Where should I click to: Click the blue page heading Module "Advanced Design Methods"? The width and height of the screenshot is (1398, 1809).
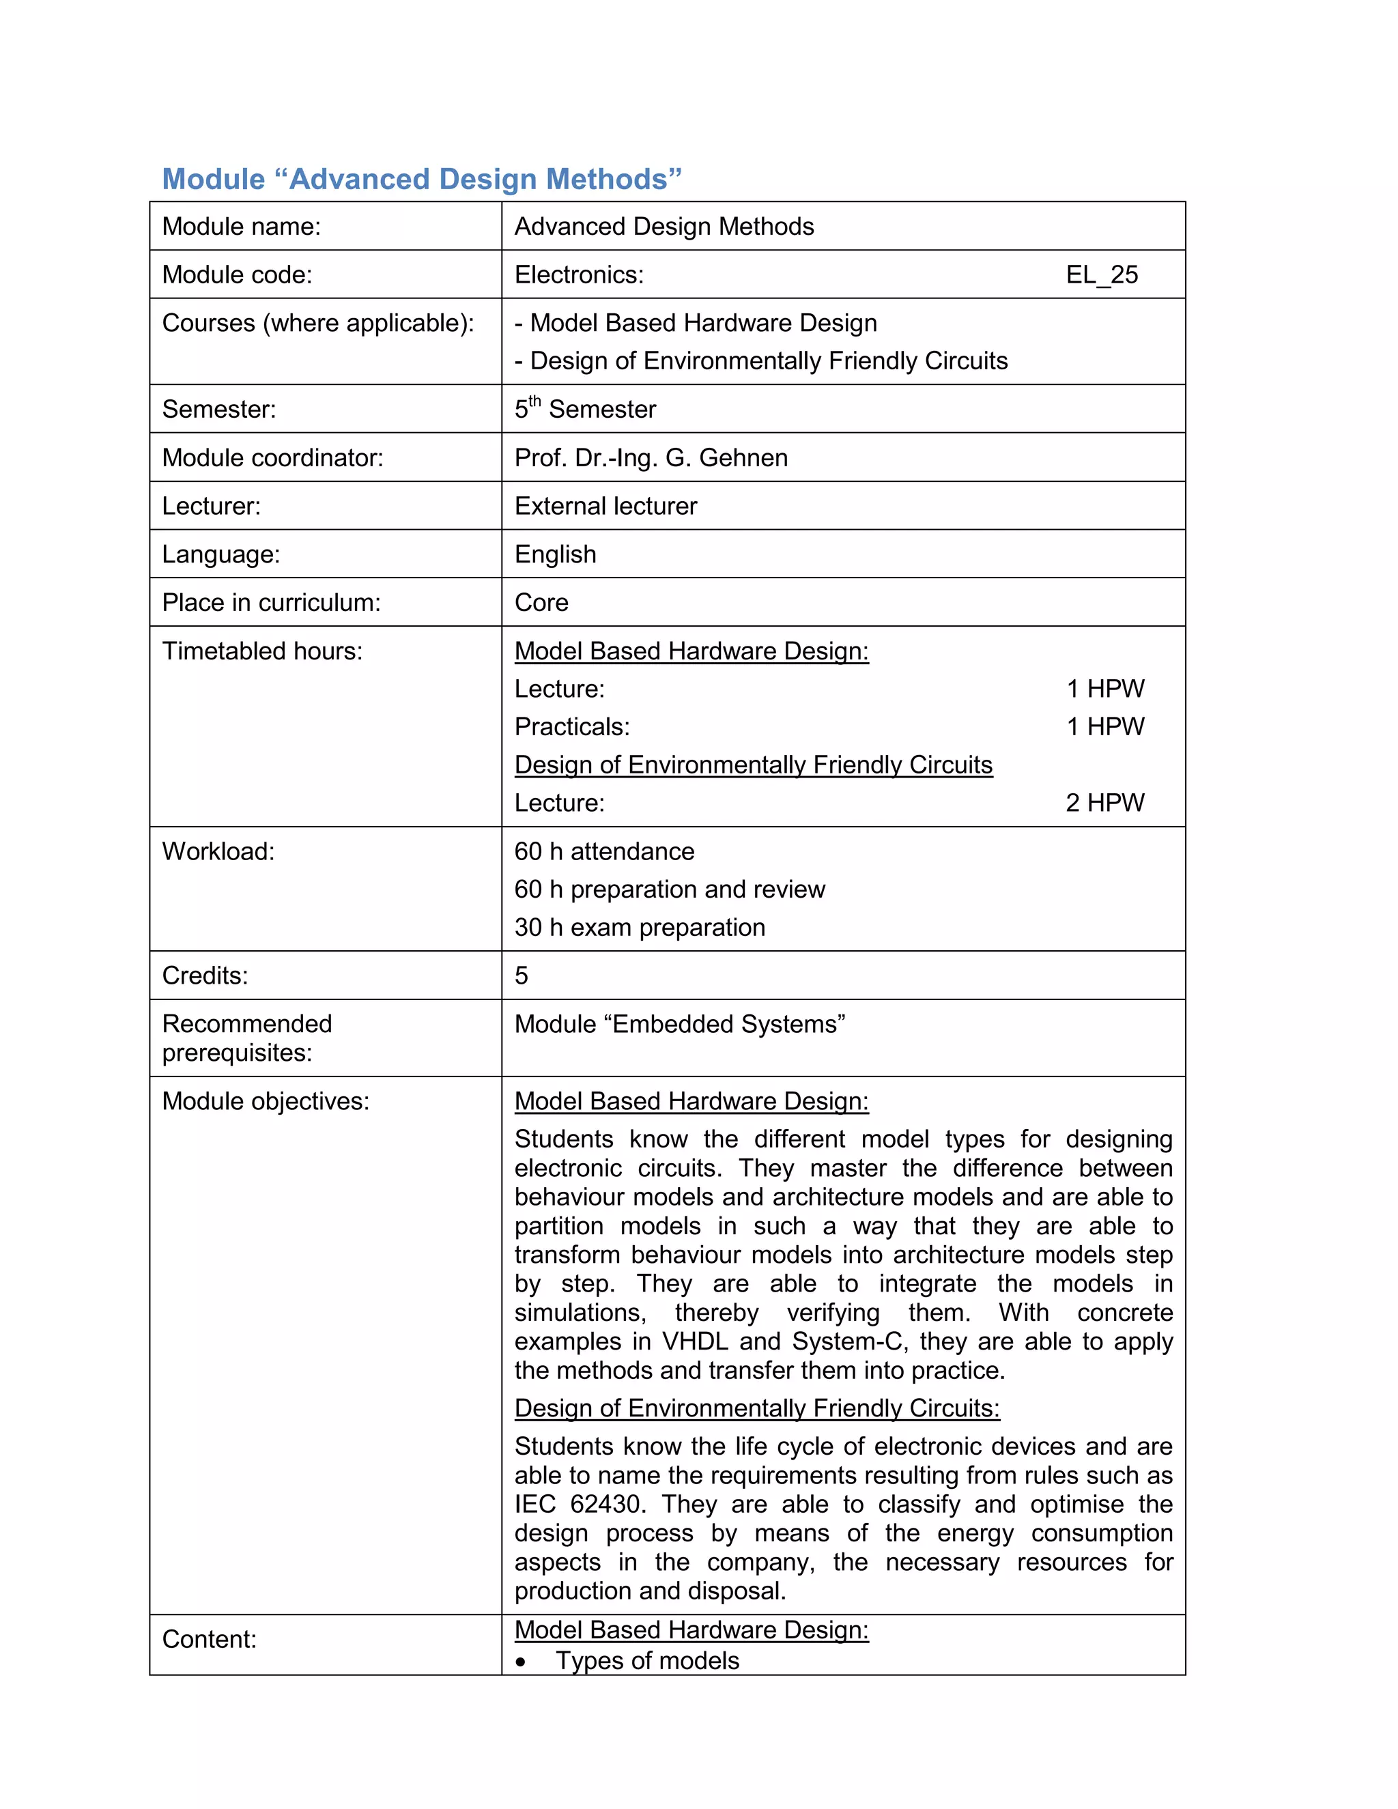(422, 179)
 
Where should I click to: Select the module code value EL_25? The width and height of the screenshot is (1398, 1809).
(1102, 275)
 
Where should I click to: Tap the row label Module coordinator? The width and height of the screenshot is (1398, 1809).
(272, 458)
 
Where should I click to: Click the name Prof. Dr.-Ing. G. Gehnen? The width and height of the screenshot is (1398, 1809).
(651, 458)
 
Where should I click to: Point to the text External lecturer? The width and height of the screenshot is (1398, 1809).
(605, 506)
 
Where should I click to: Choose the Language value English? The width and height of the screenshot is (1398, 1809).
(555, 554)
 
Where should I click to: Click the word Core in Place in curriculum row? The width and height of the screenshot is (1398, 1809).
(541, 603)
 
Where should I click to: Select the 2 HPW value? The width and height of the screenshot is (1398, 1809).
(1105, 803)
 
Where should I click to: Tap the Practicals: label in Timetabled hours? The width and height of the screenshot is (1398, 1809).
(571, 727)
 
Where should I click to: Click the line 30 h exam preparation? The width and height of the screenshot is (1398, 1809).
(640, 928)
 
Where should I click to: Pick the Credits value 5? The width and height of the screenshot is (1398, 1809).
(521, 975)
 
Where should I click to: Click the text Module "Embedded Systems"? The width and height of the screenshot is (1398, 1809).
(679, 1025)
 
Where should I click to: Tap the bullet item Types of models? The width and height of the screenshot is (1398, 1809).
(647, 1661)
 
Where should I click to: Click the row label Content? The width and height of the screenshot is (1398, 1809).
(210, 1639)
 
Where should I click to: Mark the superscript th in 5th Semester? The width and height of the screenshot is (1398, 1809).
(535, 401)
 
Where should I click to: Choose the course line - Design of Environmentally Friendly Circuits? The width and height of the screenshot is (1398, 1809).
(760, 361)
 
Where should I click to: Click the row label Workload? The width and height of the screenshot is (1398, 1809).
(218, 851)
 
